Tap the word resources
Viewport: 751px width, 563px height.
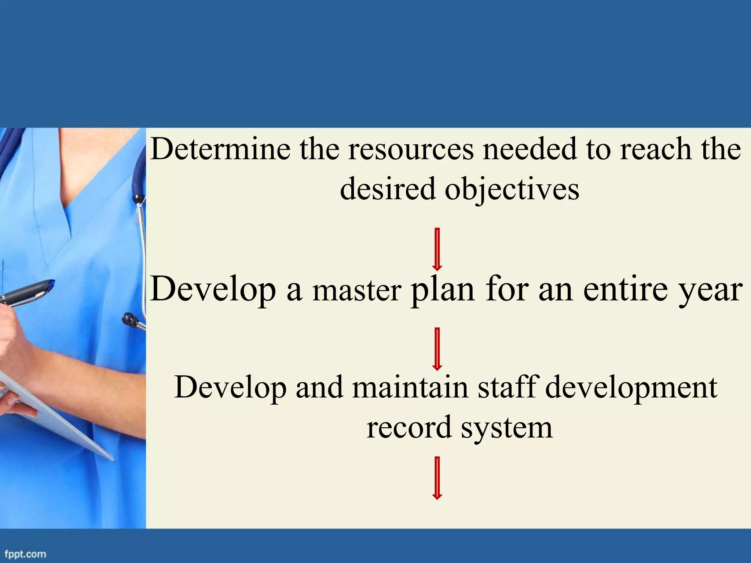point(411,150)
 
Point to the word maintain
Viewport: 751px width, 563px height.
point(410,387)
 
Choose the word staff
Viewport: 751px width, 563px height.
point(508,387)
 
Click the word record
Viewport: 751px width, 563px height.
point(409,427)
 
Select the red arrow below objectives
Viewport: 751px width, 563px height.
point(437,249)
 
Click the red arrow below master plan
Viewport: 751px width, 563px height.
point(437,349)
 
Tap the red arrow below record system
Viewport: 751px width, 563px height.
point(437,478)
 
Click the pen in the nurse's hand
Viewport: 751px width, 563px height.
point(28,292)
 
